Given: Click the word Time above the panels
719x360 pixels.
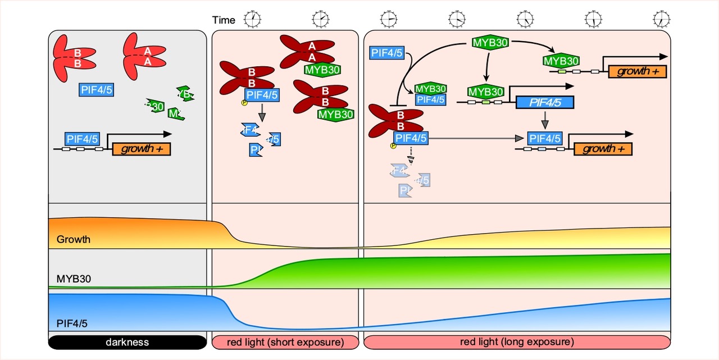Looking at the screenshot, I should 224,20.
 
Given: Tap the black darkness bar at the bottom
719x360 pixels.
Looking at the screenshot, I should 128,342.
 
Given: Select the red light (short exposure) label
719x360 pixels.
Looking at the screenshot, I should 285,342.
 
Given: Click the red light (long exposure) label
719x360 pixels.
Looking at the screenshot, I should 517,342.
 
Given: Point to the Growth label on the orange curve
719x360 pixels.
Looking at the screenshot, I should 73,239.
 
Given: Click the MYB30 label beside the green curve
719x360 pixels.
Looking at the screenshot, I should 74,278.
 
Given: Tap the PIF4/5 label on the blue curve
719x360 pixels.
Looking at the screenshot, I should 72,323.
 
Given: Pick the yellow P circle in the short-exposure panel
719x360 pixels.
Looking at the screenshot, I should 244,103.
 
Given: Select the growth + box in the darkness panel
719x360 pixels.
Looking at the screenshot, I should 141,149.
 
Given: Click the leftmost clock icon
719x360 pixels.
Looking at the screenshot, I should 252,20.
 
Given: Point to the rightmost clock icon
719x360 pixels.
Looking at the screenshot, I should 662,20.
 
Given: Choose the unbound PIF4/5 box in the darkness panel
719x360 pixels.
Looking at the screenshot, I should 96,90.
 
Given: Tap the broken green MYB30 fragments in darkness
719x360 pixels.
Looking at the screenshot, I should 169,103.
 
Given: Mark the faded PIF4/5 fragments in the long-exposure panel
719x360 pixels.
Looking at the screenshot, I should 409,180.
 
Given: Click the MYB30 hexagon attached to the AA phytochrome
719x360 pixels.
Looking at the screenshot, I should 323,70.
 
